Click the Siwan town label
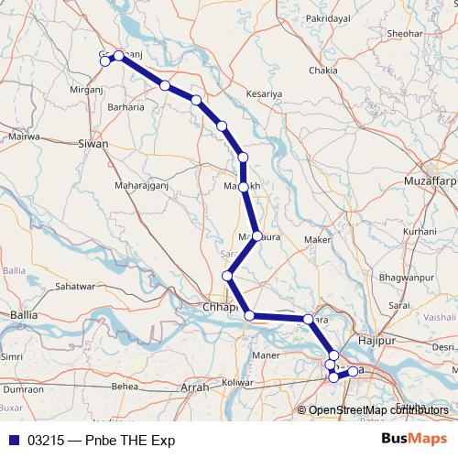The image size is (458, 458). coord(93,144)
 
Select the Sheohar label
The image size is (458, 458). coord(379,34)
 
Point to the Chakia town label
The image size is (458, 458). coord(323,70)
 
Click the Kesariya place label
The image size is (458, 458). coord(266,93)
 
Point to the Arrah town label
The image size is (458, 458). coord(195,387)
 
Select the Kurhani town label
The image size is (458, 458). coord(420,232)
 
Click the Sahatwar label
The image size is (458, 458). coord(77,286)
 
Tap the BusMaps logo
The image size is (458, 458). coord(415,440)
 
